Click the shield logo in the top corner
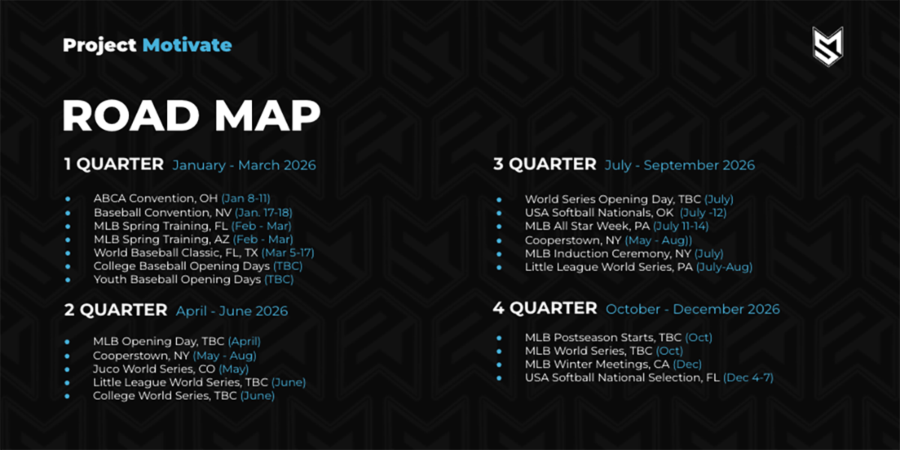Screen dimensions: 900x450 pyautogui.click(x=828, y=46)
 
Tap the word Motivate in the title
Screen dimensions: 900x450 pyautogui.click(x=187, y=45)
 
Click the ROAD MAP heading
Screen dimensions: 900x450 pyautogui.click(x=191, y=115)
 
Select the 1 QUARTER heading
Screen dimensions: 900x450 pyautogui.click(x=114, y=164)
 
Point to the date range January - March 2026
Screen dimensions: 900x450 pyautogui.click(x=244, y=165)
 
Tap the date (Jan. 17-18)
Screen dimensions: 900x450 pyautogui.click(x=263, y=212)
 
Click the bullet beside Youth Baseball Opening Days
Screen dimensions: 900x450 pyautogui.click(x=68, y=280)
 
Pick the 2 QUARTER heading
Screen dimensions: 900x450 pyautogui.click(x=115, y=310)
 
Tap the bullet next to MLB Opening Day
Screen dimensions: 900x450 pyautogui.click(x=67, y=342)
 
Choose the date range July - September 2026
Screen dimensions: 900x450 pyautogui.click(x=679, y=165)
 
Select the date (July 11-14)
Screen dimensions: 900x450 pyautogui.click(x=681, y=226)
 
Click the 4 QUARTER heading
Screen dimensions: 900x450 pyautogui.click(x=545, y=308)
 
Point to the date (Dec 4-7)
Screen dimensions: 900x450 pyautogui.click(x=748, y=378)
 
